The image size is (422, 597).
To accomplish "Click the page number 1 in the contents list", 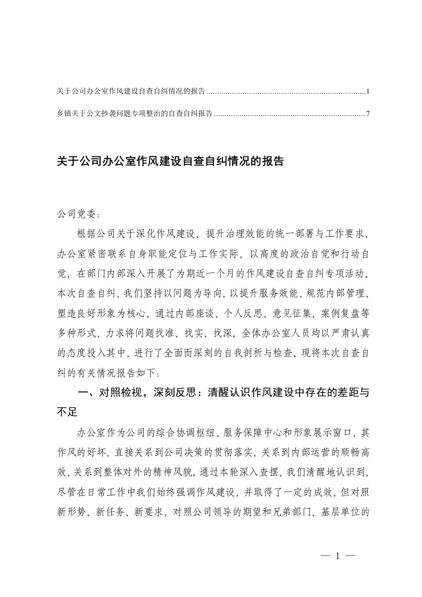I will (x=368, y=92).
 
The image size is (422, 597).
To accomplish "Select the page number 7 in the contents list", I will (x=368, y=113).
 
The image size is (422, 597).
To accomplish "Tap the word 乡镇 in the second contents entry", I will (x=62, y=113).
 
